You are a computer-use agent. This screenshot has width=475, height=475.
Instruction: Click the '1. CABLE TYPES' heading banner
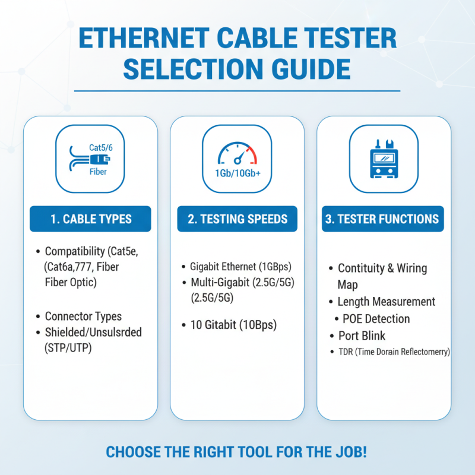(90, 219)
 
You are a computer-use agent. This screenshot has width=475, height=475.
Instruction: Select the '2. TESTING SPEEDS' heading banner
(237, 219)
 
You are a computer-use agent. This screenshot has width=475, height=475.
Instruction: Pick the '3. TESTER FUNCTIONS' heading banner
(382, 219)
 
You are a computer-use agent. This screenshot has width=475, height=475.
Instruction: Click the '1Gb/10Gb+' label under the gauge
(237, 174)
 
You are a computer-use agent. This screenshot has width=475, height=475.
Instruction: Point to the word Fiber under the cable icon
(98, 172)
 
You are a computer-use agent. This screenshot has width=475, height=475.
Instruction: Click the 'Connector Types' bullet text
(83, 316)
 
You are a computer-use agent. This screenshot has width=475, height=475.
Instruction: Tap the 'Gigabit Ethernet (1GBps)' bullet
(240, 267)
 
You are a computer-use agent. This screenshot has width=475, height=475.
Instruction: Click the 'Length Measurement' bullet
(387, 302)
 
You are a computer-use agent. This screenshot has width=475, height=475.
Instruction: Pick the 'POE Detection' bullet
(376, 319)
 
